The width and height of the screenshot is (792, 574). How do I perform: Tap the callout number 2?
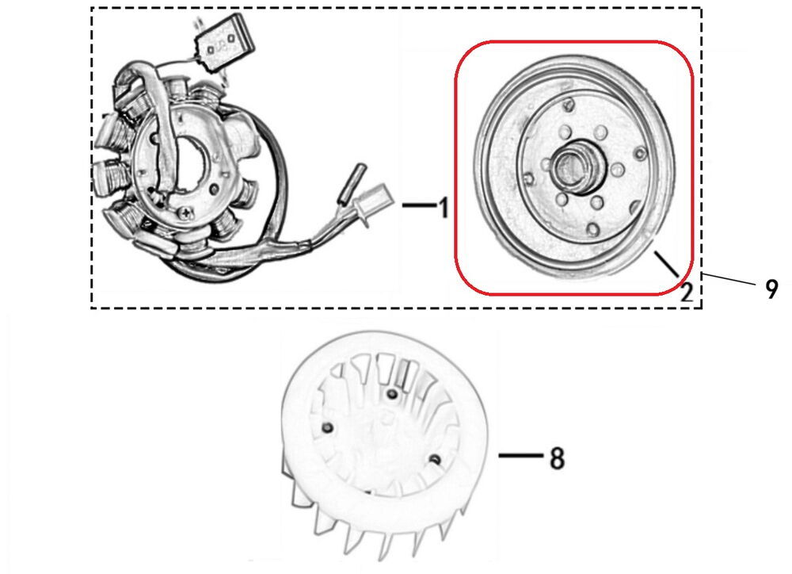pyautogui.click(x=687, y=292)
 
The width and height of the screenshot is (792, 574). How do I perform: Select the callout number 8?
pyautogui.click(x=557, y=457)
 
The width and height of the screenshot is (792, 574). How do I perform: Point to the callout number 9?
pyautogui.click(x=771, y=289)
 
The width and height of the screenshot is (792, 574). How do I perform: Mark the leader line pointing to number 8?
pyautogui.click(x=519, y=457)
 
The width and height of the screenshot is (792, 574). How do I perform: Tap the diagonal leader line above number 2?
pyautogui.click(x=666, y=262)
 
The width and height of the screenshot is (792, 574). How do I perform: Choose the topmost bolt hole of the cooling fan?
pyautogui.click(x=390, y=393)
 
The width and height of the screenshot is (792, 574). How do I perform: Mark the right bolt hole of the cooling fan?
pyautogui.click(x=433, y=458)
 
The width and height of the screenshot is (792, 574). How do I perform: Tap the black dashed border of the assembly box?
pyautogui.click(x=396, y=9)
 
